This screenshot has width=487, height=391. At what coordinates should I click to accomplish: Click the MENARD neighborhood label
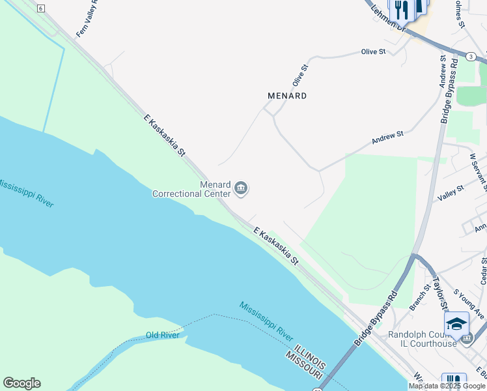pyautogui.click(x=287, y=96)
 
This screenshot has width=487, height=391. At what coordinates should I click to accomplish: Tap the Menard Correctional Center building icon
pyautogui.click(x=242, y=189)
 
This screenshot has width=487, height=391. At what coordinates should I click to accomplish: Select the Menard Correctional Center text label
pyautogui.click(x=192, y=189)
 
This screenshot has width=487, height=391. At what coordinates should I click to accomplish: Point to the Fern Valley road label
pyautogui.click(x=87, y=19)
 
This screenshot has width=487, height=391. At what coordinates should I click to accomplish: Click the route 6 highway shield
pyautogui.click(x=40, y=8)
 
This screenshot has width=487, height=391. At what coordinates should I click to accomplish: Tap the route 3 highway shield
pyautogui.click(x=471, y=57)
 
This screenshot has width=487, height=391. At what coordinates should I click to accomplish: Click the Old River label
pyautogui.click(x=162, y=335)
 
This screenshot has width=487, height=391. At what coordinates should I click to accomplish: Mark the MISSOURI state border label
pyautogui.click(x=303, y=366)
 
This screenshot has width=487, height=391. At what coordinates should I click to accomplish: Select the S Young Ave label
pyautogui.click(x=469, y=304)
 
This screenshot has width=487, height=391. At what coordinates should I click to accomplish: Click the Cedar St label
pyautogui.click(x=482, y=270)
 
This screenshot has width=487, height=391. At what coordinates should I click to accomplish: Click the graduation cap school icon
pyautogui.click(x=456, y=324)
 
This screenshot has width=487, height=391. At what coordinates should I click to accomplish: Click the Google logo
pyautogui.click(x=21, y=383)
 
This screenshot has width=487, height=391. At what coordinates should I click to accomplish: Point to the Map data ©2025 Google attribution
pyautogui.click(x=446, y=386)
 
